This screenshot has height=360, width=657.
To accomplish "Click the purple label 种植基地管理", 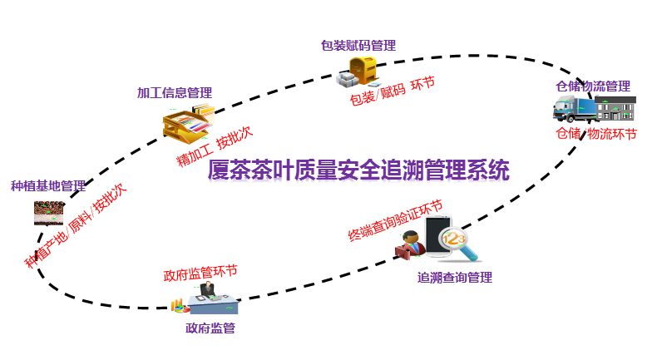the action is coord(48,185).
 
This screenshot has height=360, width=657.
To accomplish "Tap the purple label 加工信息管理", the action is coord(174,92).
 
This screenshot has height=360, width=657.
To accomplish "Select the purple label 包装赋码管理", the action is coord(358,45).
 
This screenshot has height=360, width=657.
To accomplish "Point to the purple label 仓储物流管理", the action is coord(593,86).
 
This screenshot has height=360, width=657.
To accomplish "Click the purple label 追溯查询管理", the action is coord(454,277).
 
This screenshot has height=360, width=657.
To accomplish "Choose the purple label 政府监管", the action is coord(210,328).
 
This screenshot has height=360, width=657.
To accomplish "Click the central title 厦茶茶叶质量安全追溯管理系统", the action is coord(358,170).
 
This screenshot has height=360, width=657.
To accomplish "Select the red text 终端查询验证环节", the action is coord(394,221).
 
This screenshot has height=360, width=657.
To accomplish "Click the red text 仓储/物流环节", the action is coord(595,134).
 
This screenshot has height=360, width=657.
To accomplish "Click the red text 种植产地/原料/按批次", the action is coord(76,225).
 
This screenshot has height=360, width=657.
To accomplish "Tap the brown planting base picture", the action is coord(49,213).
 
